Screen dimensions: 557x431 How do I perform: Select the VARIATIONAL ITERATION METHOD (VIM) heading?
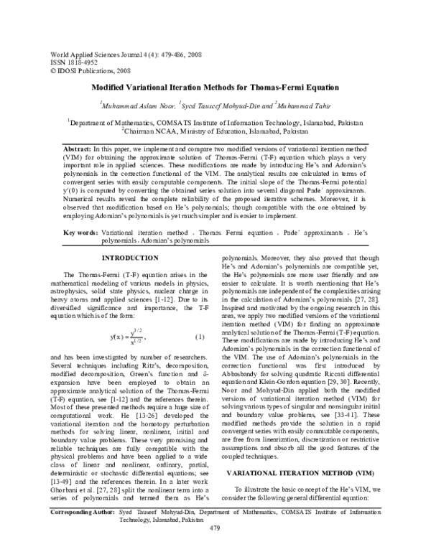(311, 496)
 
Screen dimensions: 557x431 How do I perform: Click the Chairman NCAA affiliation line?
(215, 131)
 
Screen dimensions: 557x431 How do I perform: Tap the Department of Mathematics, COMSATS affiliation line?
(215, 123)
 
